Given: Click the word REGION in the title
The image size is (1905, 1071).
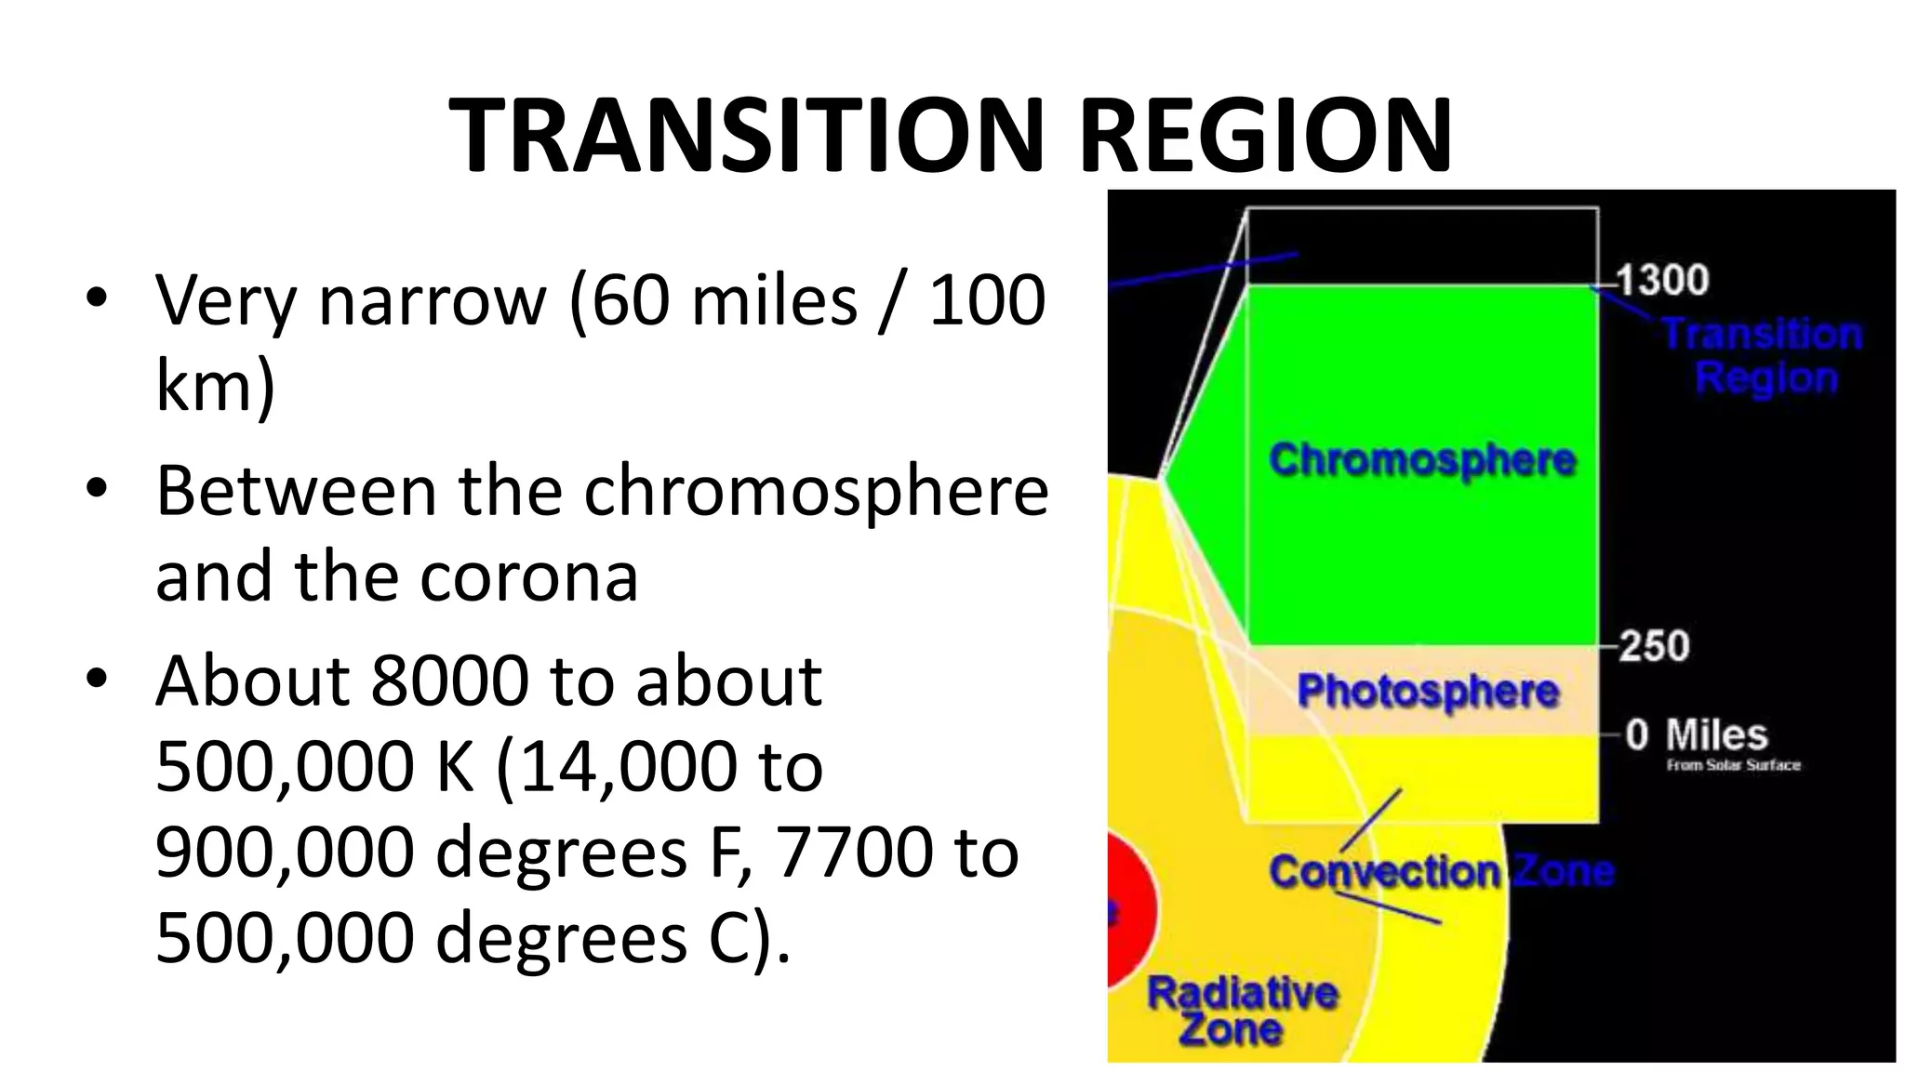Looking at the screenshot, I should (x=1265, y=137).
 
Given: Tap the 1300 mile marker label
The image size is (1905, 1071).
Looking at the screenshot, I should (x=1662, y=280).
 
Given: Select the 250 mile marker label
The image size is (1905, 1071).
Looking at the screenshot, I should (x=1654, y=646).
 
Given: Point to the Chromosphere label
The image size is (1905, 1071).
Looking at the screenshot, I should (x=1422, y=460).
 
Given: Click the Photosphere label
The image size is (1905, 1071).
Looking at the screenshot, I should (x=1428, y=692).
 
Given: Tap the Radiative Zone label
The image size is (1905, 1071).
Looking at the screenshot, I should (x=1241, y=1011).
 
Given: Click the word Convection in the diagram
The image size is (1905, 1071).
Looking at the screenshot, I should (x=1384, y=872).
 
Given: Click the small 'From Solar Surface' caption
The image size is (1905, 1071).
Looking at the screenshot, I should (x=1733, y=765).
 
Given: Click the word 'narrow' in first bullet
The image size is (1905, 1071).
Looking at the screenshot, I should (x=432, y=301).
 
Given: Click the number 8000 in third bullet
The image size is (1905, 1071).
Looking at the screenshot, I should (x=450, y=681).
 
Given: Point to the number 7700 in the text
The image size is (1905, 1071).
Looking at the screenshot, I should (x=854, y=852).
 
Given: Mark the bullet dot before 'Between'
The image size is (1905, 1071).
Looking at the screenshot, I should (x=97, y=489).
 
